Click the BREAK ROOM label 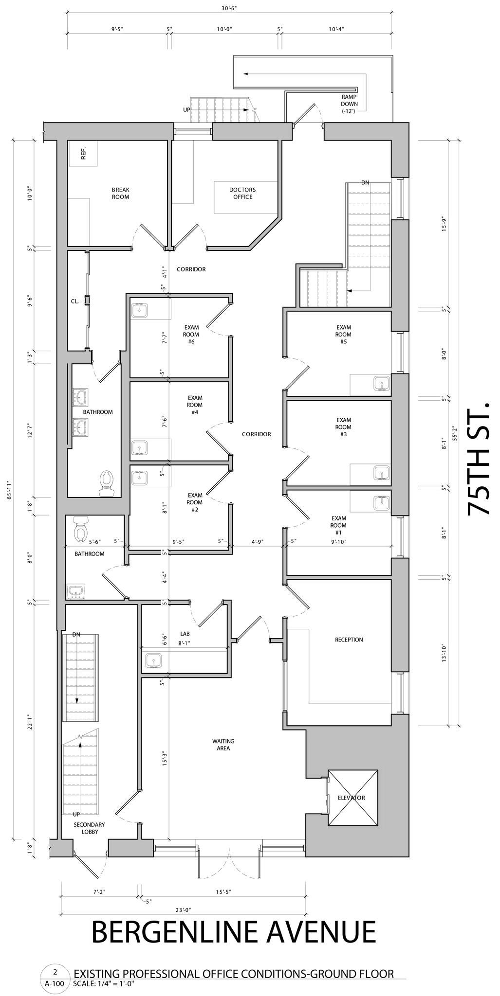(120, 193)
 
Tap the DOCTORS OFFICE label (242, 193)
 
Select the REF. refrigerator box (83, 154)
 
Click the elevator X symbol (353, 798)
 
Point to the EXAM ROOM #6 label (191, 334)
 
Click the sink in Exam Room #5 (382, 383)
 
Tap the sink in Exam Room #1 (382, 502)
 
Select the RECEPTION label (349, 640)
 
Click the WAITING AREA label (223, 745)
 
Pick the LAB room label (185, 634)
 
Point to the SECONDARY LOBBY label (89, 828)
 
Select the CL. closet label (74, 301)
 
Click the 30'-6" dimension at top (229, 8)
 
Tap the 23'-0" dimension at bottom (183, 909)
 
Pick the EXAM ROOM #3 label (343, 427)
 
